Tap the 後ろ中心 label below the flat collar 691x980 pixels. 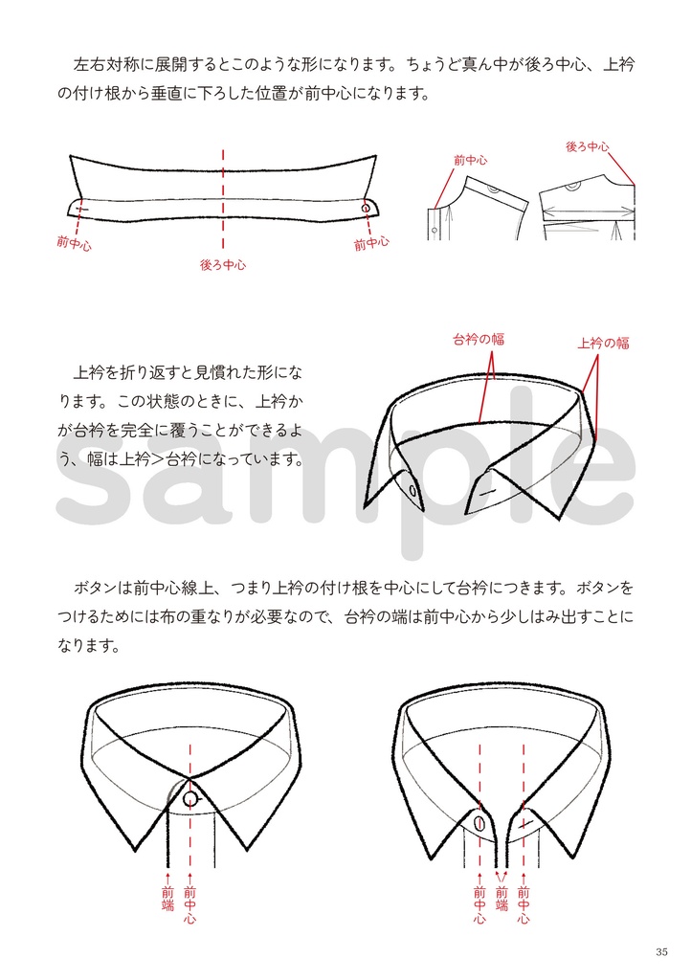pos(222,265)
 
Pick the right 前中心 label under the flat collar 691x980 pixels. pos(371,244)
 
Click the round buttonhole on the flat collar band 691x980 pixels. pos(366,208)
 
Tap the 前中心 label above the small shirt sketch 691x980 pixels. pos(470,160)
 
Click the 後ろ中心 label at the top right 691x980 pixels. pos(588,146)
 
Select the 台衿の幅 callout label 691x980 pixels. pos(479,339)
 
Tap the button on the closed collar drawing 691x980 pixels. pos(191,799)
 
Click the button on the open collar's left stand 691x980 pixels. pos(479,822)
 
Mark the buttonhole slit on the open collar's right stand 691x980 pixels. pos(524,821)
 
